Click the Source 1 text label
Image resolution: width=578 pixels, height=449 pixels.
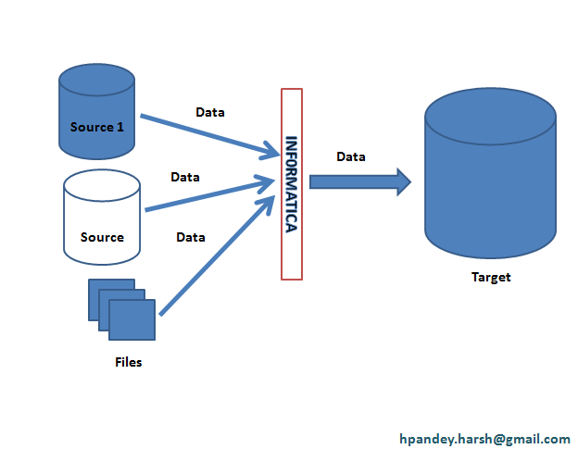coord(96,127)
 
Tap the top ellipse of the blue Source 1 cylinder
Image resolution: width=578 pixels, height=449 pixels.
coord(96,81)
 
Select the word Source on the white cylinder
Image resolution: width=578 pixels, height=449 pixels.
coord(102,237)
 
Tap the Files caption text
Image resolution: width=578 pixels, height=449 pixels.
coord(128,362)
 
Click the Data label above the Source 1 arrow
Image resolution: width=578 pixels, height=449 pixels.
coord(210,112)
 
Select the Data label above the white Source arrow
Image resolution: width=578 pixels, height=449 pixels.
coord(185,176)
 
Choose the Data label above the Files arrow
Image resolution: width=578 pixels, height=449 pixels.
coord(191,237)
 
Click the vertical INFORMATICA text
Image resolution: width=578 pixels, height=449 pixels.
coord(292,183)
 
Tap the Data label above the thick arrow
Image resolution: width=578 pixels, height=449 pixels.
coord(350,156)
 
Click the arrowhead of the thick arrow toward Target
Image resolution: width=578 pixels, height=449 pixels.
coord(402,181)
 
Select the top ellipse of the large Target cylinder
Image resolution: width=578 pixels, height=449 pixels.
coord(490,117)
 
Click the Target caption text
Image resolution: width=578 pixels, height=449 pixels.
coord(490,277)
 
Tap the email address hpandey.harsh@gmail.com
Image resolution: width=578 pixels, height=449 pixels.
coord(484,438)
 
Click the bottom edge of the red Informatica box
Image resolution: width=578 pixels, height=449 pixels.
coord(292,279)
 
